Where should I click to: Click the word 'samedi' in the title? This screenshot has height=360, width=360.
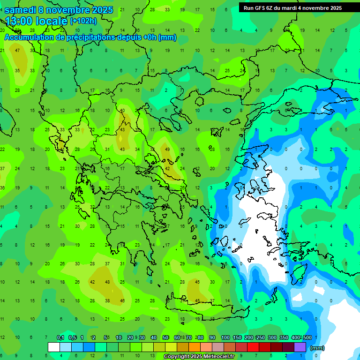coord(20,9)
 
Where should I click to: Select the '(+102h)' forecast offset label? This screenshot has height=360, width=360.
coord(83,21)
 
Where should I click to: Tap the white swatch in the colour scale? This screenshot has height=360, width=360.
coord(54,347)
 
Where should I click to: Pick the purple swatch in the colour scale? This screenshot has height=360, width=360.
coord(300,347)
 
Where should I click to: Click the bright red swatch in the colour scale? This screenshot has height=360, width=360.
coord(253,347)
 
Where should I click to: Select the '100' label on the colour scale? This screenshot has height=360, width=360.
coord(225,337)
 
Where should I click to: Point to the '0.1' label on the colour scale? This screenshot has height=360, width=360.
coord(60,337)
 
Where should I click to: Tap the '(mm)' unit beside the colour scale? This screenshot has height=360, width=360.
coord(317,348)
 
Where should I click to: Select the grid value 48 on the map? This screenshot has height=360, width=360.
coord(107,282)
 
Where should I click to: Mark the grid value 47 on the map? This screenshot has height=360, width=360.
coord(17,51)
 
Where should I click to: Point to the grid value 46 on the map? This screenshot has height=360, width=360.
coord(122,301)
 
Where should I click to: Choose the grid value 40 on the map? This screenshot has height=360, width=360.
coord(122,111)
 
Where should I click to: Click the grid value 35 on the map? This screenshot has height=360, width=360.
coord(17,71)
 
